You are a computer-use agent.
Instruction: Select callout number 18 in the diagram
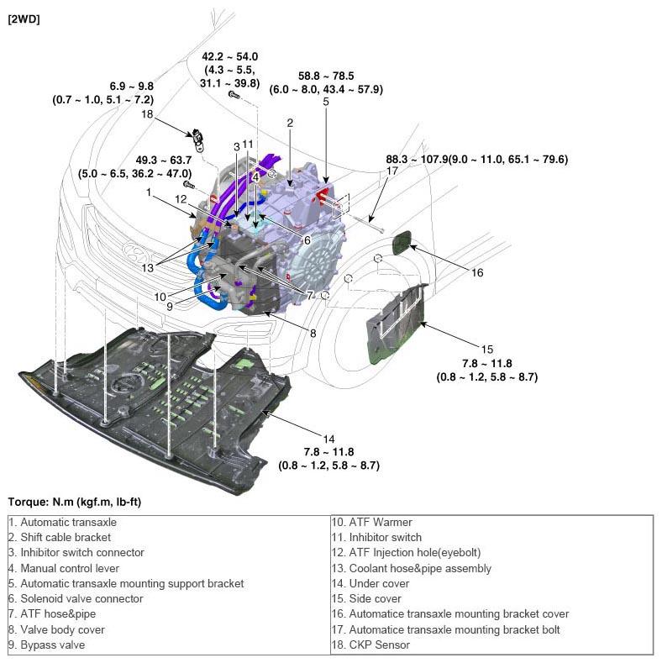147,113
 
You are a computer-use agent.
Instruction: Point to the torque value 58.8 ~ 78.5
326,76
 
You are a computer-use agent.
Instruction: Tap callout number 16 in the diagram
477,272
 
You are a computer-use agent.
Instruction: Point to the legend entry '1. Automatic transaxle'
63,522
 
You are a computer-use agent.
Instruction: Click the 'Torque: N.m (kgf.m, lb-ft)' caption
74,502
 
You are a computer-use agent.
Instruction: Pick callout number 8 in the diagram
313,333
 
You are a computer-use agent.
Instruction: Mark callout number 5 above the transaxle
326,102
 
